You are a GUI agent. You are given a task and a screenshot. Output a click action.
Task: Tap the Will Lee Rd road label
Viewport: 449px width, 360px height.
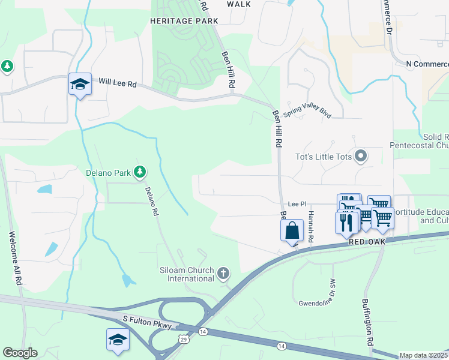pos(118,82)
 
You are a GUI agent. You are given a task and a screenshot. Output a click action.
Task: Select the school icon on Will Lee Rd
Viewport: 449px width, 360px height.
pos(80,85)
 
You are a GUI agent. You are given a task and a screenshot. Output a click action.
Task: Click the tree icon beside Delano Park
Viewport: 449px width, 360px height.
pos(140,173)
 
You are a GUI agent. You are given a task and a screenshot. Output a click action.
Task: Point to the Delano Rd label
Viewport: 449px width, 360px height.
pos(152,201)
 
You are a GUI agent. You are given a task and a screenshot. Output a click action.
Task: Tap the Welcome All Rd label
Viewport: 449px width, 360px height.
pos(15,258)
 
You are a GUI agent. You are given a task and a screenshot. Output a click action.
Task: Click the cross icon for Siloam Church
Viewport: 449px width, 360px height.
pos(223,274)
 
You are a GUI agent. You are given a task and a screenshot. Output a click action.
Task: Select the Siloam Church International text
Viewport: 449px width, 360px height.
pos(187,274)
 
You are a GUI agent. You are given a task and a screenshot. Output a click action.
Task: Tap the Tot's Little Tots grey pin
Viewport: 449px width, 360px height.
pos(361,157)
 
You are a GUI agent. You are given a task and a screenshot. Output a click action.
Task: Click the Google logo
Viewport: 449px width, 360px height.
pos(20,353)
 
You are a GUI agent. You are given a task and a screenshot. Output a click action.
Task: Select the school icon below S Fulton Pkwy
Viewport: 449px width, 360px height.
pos(118,340)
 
